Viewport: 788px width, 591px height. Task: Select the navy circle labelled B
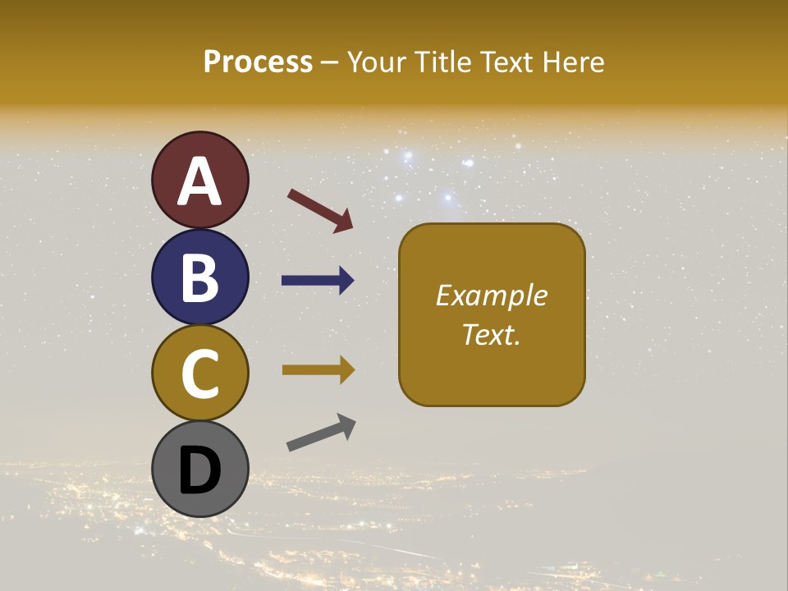pyautogui.click(x=199, y=277)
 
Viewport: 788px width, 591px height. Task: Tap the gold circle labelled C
pyautogui.click(x=199, y=373)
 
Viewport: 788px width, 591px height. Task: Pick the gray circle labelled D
pyautogui.click(x=199, y=469)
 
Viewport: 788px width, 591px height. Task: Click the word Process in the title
pyautogui.click(x=258, y=62)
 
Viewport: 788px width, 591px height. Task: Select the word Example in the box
pyautogui.click(x=492, y=295)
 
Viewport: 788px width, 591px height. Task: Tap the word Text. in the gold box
pyautogui.click(x=492, y=334)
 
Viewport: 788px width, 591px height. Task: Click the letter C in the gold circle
pyautogui.click(x=199, y=374)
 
